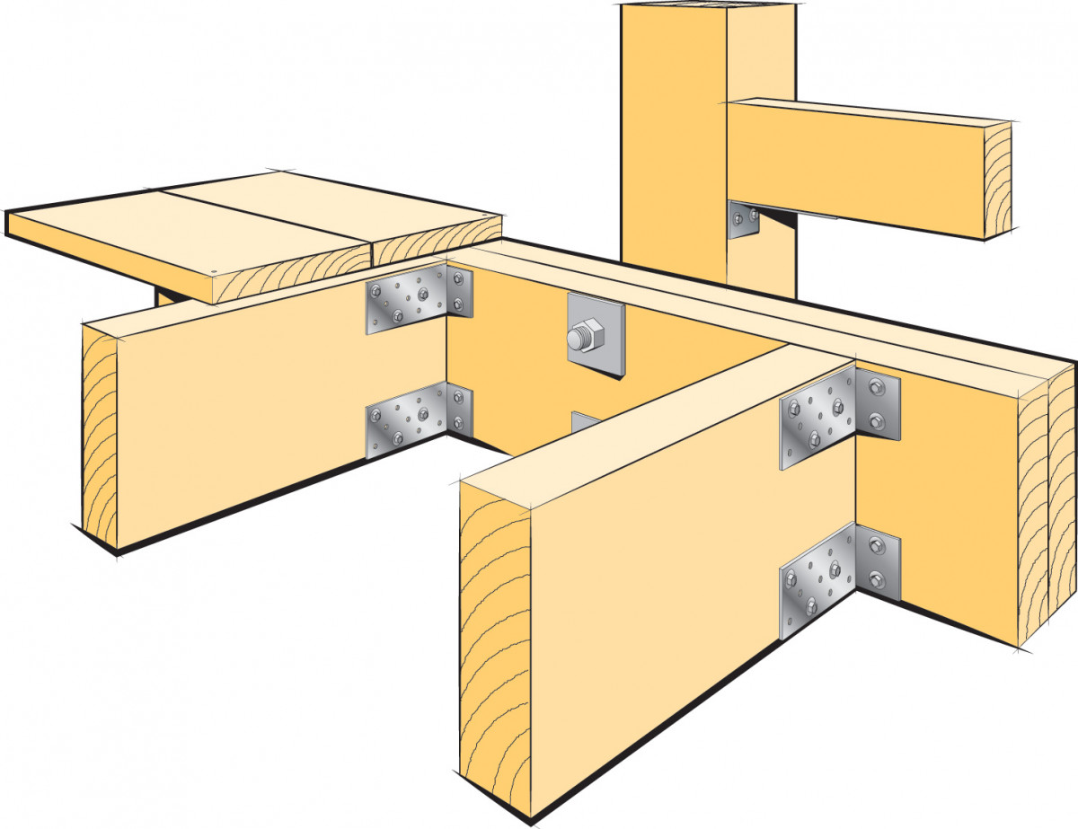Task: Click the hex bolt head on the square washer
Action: (579, 339)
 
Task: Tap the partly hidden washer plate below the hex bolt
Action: (583, 421)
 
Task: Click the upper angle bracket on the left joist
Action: (419, 300)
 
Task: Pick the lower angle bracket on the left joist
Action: (419, 419)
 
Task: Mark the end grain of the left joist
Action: (99, 440)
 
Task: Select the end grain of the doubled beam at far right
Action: (1047, 503)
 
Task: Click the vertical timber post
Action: (674, 135)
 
